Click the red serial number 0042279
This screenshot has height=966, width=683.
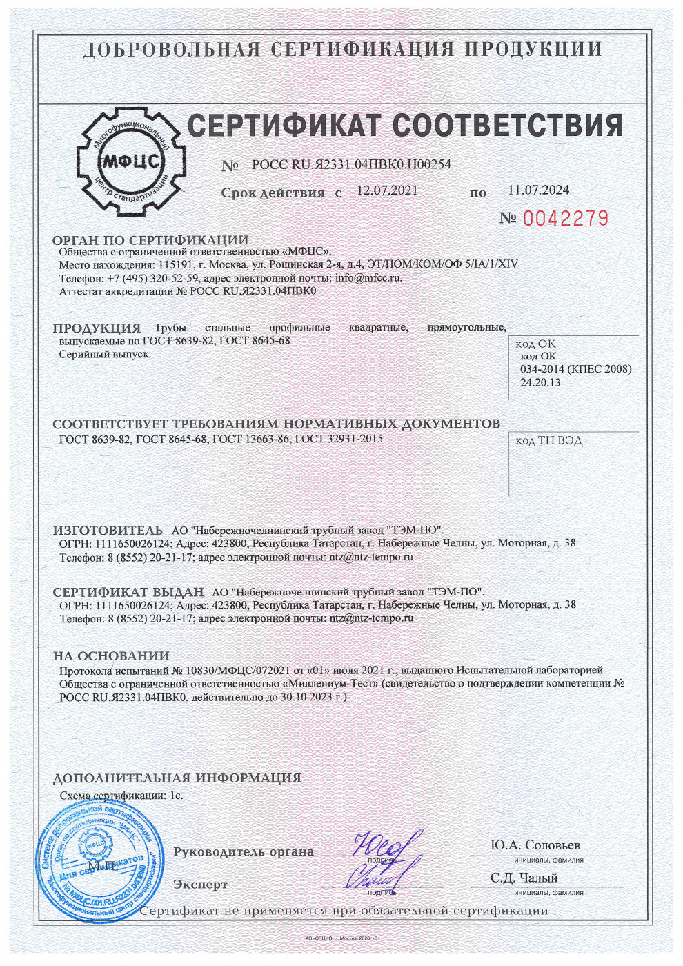point(565,219)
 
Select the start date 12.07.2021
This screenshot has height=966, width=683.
point(386,190)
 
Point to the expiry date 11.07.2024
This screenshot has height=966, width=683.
point(538,190)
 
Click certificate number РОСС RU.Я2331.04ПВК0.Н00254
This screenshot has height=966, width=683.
point(351,164)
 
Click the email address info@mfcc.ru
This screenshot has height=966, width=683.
point(368,278)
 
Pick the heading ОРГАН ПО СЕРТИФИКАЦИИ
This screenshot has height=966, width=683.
point(150,240)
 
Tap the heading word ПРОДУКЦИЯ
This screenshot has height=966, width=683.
point(97,328)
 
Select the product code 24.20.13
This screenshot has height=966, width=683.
point(540,382)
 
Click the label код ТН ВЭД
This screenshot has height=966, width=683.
point(549,441)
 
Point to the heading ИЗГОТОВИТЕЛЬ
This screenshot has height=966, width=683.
point(108,531)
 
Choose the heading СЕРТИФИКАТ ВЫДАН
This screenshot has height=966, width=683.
point(128,592)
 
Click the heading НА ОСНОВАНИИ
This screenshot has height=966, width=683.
point(111,656)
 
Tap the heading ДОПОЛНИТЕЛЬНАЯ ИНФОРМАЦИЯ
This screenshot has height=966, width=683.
point(177,778)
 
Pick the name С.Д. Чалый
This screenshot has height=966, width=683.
point(524,878)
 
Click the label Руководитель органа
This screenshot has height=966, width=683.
point(243,852)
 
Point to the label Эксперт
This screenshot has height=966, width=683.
point(200,885)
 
